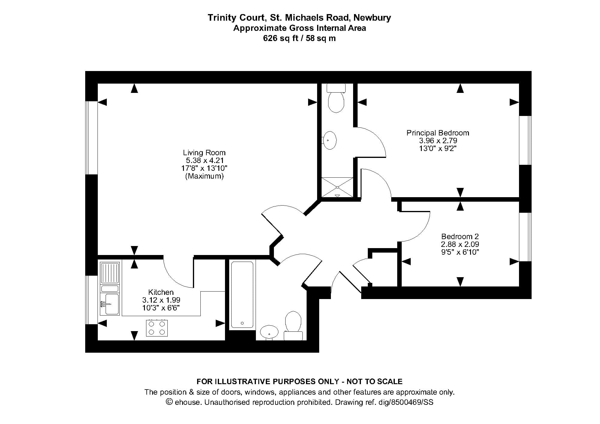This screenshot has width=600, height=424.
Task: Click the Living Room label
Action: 204,153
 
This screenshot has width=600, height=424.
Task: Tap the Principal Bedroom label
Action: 438,133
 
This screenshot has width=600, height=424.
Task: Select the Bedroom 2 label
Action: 460,236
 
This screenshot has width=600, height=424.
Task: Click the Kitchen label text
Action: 161,292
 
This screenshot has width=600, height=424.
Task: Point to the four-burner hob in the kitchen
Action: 157,328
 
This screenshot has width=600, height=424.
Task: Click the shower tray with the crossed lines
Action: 337,187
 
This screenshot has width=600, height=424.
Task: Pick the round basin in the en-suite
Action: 330,140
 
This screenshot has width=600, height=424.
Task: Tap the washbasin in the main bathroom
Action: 269,332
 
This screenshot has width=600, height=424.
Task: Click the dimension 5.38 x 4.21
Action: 205,160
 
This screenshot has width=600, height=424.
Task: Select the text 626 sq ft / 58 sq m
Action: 299,38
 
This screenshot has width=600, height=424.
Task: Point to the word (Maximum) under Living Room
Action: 204,176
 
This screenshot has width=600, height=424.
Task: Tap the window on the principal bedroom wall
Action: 525,140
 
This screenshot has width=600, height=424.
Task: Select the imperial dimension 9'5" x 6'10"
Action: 460,252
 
